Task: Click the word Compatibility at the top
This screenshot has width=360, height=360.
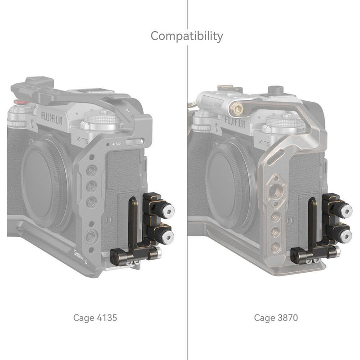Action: pyautogui.click(x=186, y=36)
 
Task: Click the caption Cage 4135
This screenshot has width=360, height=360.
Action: pyautogui.click(x=95, y=318)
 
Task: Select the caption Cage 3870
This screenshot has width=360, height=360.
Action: pyautogui.click(x=276, y=318)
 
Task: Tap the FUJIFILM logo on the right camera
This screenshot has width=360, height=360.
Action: pyautogui.click(x=235, y=121)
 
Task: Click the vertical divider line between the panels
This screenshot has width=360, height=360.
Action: pyautogui.click(x=187, y=180)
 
